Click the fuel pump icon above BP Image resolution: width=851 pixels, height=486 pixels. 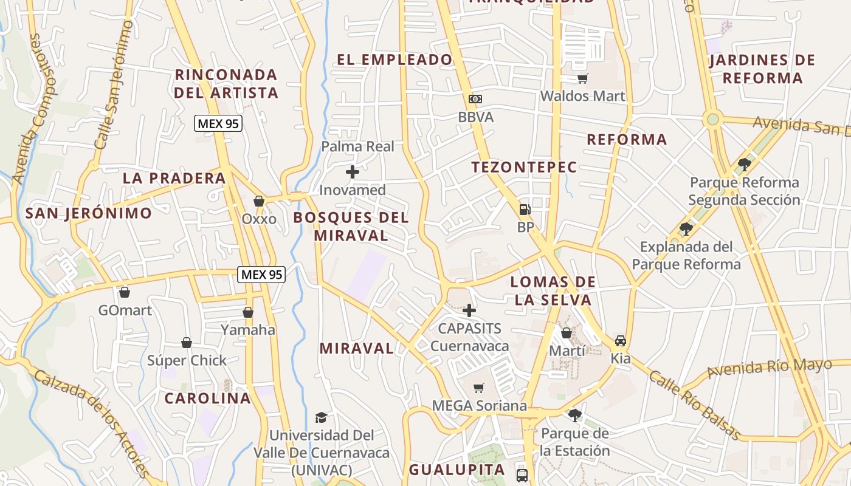coord(525,210)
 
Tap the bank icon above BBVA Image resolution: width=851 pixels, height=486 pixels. coord(475,98)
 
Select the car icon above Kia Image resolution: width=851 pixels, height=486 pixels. coord(620,340)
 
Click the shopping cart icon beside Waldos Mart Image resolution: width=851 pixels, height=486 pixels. coord(582,78)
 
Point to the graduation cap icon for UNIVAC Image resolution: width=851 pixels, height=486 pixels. coord(321,417)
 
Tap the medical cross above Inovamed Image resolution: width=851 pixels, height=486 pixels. coord(352,173)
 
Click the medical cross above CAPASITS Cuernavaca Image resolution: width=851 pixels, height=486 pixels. coord(469,310)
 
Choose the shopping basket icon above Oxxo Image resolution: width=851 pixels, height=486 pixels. coord(259,201)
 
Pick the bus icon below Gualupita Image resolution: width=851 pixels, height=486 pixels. coord(522,475)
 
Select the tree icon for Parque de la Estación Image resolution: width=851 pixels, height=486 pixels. coord(574,416)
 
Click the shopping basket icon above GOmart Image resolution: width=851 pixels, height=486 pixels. coord(125,292)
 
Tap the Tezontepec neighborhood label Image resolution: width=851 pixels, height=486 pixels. coord(524,167)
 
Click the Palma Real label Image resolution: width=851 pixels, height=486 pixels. coord(357,146)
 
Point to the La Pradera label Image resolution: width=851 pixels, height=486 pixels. coord(174,178)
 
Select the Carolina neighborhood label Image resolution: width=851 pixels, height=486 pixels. coord(208,399)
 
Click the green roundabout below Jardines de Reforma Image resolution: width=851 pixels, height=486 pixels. coord(712,119)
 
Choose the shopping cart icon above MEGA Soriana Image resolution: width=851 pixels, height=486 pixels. coord(479,388)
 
